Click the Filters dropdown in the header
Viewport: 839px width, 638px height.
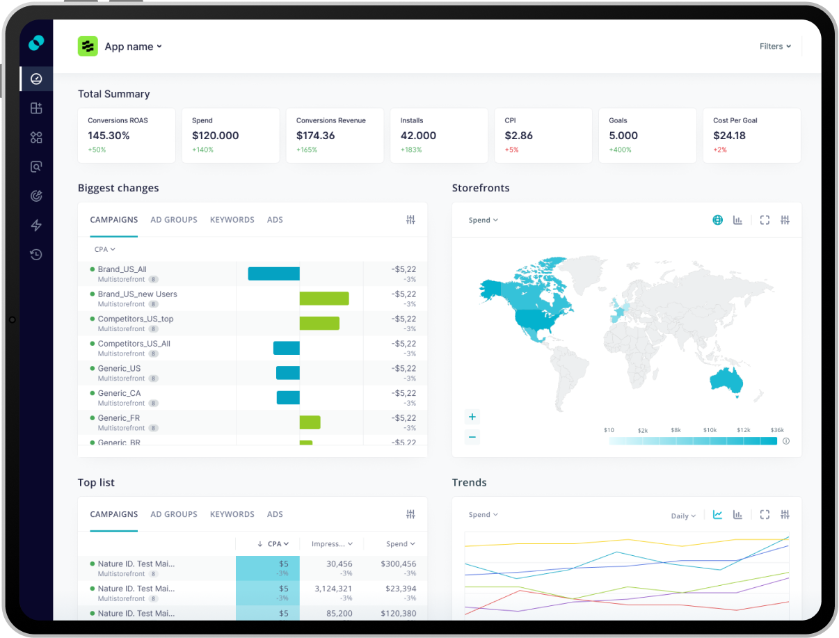point(775,47)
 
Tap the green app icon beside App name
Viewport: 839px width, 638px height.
point(88,47)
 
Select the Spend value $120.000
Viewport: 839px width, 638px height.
point(215,136)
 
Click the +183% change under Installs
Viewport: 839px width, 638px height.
point(411,150)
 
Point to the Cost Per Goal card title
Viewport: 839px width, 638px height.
point(735,120)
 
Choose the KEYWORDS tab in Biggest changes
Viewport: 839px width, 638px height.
point(232,220)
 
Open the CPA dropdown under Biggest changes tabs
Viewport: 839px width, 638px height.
point(104,249)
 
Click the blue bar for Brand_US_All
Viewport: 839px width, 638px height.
point(273,274)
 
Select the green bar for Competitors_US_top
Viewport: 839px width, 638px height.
point(319,324)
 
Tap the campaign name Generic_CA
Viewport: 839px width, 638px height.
point(119,393)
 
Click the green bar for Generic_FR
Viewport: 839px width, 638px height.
point(310,422)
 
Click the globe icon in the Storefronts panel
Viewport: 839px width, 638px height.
point(717,220)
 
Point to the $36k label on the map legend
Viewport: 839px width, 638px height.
point(777,430)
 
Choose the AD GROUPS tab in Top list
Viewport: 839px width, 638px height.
point(174,514)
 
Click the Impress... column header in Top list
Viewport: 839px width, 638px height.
point(331,544)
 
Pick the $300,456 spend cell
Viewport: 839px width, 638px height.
point(398,564)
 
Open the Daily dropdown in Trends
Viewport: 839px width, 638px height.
point(683,516)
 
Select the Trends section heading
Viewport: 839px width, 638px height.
point(470,482)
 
